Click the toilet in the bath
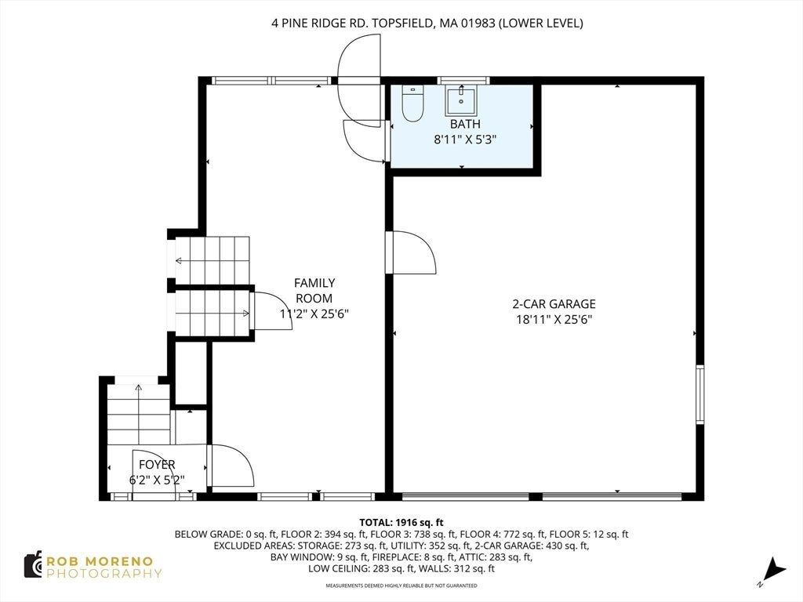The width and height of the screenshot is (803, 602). click(x=412, y=103)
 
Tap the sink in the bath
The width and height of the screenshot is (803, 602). click(x=461, y=100)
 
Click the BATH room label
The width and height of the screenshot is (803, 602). click(x=465, y=124)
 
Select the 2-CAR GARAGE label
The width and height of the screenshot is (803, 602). click(x=554, y=304)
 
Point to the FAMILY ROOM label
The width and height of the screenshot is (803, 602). click(x=314, y=290)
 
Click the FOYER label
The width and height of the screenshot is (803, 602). click(x=157, y=465)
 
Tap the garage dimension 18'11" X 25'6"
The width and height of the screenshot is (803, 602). click(x=554, y=320)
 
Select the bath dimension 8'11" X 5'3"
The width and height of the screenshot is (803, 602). click(x=465, y=140)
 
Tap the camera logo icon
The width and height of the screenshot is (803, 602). click(x=33, y=564)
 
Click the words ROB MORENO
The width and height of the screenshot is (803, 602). click(x=100, y=561)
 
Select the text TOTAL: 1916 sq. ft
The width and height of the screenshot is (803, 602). click(x=401, y=523)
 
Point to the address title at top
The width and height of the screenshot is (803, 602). click(x=427, y=23)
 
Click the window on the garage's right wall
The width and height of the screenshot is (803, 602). click(x=700, y=395)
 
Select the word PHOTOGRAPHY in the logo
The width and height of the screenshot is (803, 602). click(x=104, y=574)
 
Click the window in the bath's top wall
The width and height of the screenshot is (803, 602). click(x=463, y=81)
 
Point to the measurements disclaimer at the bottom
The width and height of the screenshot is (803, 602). click(x=401, y=586)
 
